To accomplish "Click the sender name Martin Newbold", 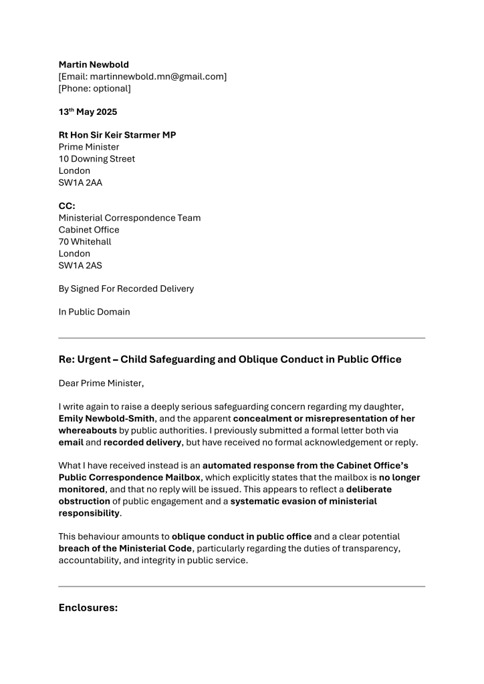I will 94,65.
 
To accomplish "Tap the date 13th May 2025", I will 88,112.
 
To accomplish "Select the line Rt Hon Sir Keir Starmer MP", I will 117,135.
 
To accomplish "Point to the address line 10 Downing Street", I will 97,159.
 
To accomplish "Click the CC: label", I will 67,206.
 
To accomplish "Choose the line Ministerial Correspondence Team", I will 130,218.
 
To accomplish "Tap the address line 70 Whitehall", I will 85,242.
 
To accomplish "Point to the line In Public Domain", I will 94,312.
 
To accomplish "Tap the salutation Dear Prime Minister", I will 101,383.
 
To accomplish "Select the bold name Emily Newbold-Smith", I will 106,418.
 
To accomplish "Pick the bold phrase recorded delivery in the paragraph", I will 142,442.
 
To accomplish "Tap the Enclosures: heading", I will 88,608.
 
